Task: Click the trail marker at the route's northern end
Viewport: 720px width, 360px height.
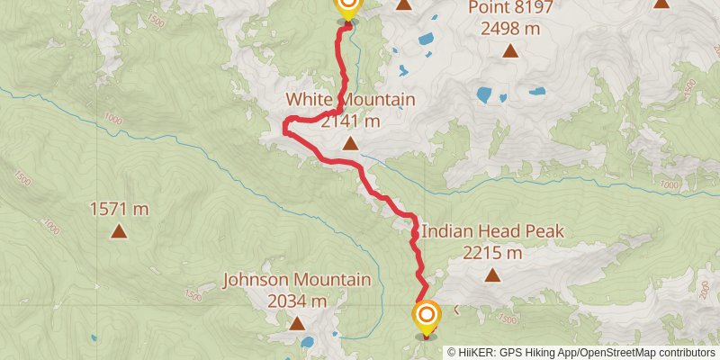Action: point(347,8)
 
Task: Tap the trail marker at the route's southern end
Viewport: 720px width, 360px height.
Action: point(427,317)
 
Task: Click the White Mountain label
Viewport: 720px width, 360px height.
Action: point(350,99)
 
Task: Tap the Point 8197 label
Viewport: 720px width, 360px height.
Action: point(510,9)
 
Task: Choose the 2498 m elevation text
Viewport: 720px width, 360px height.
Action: point(510,29)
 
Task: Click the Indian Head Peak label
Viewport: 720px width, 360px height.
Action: point(492,232)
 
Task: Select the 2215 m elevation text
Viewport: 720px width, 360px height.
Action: point(492,253)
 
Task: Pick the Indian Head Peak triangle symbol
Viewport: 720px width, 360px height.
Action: point(492,276)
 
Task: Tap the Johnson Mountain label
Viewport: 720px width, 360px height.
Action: point(297,280)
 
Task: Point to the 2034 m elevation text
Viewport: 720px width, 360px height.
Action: point(297,301)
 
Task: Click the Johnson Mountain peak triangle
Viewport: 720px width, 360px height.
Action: point(297,322)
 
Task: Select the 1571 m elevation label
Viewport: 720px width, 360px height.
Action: point(119,210)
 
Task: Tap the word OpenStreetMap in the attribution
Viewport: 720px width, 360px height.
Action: point(617,353)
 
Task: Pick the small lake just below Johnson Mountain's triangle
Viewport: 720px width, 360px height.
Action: point(309,342)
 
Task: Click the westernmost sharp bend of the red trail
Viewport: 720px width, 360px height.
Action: point(284,129)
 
